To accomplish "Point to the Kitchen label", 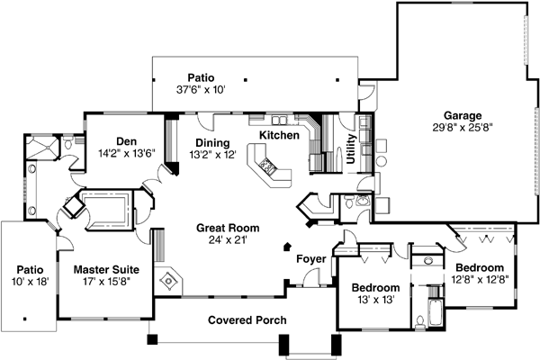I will click(279, 134).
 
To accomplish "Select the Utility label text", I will click(349, 146).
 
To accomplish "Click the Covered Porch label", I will click(247, 320).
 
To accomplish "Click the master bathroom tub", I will click(108, 205).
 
